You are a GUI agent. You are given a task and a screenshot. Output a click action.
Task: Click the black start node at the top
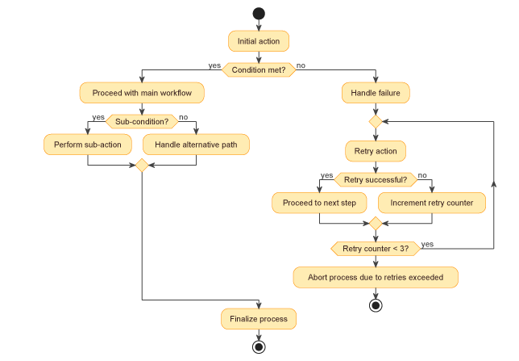(x=259, y=13)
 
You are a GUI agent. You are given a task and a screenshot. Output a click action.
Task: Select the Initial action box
(x=259, y=41)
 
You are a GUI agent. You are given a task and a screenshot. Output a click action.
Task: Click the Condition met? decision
(x=259, y=70)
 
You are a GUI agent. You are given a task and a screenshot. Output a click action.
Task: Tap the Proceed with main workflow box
(x=142, y=93)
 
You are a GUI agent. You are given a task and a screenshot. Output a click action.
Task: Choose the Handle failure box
(x=376, y=93)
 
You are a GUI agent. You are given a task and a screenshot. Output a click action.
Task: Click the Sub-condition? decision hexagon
(x=142, y=121)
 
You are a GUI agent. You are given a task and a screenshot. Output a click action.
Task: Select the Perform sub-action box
(x=88, y=145)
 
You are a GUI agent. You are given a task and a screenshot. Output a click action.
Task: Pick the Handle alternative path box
(x=196, y=145)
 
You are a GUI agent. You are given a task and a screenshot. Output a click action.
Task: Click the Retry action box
(x=376, y=150)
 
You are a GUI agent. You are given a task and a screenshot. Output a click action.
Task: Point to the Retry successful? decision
(x=376, y=179)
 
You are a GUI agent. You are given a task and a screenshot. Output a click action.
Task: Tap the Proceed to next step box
(x=320, y=202)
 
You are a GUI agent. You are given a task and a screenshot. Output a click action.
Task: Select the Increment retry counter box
(x=432, y=202)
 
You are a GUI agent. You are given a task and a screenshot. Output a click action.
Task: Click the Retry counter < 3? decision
(x=376, y=249)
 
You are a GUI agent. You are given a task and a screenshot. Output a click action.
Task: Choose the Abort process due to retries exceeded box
(x=376, y=277)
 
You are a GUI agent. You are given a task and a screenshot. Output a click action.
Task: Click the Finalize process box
(x=259, y=319)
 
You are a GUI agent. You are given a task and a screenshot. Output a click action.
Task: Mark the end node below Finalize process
(x=259, y=346)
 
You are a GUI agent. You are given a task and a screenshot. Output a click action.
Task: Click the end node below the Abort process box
(x=376, y=305)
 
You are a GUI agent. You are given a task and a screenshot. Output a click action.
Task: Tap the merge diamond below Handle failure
(x=376, y=121)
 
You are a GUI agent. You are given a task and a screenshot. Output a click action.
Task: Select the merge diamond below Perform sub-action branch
(x=142, y=166)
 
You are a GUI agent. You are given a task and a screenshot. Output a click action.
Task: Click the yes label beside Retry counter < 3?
(x=427, y=244)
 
